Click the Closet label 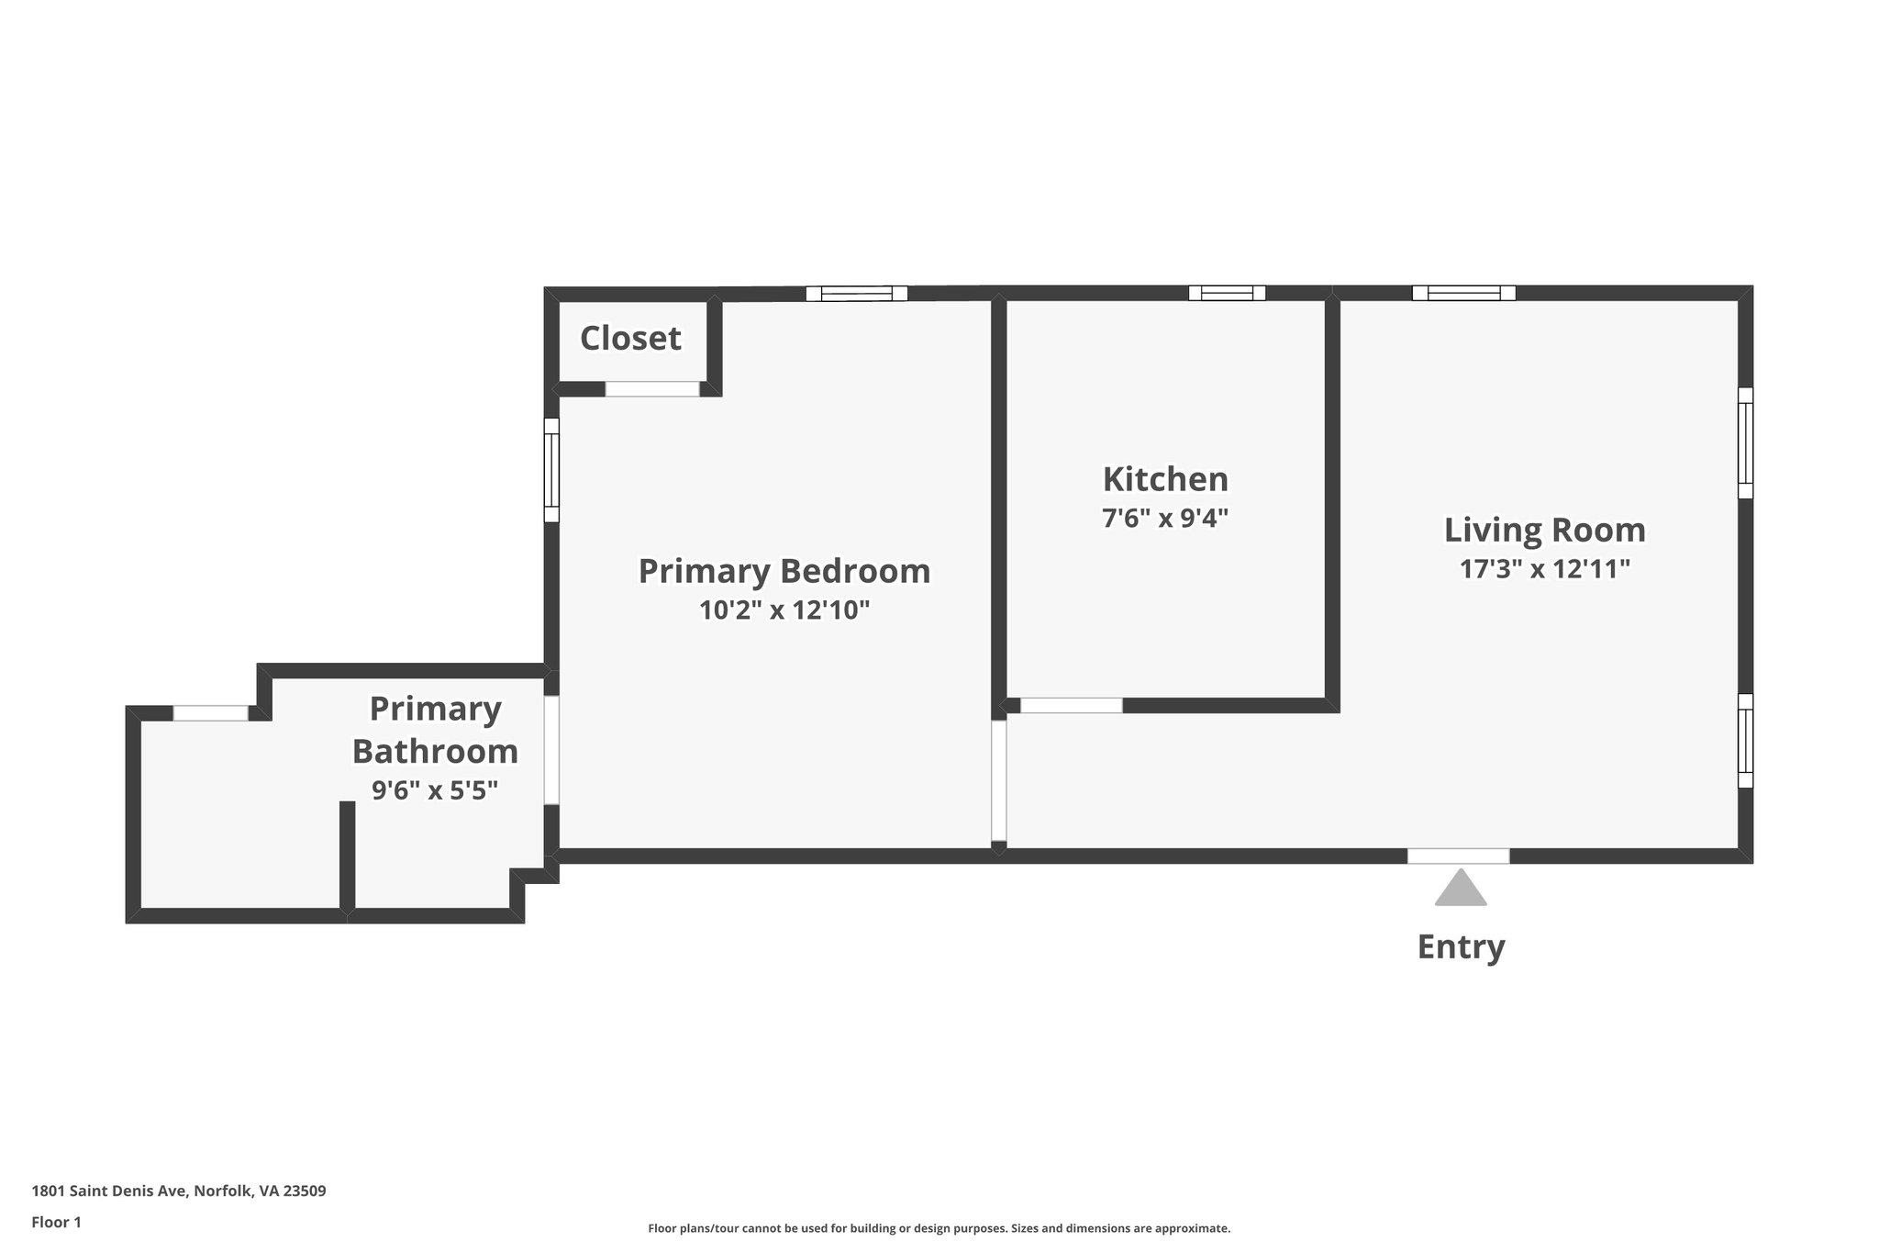630,339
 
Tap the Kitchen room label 1165,479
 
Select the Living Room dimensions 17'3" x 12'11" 1544,569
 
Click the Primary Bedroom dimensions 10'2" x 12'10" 784,610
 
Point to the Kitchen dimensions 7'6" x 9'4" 1164,519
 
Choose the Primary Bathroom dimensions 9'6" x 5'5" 434,790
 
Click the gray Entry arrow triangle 1460,889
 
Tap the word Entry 1461,946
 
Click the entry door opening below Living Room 1458,856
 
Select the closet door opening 651,389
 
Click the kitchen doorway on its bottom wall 1071,706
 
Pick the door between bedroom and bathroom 551,750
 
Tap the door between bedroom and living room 999,780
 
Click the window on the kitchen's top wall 1227,294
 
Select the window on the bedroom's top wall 856,294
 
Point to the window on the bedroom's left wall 551,470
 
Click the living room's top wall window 1463,294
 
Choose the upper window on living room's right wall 1745,442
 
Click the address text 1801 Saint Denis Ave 179,1191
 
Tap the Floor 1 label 57,1223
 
